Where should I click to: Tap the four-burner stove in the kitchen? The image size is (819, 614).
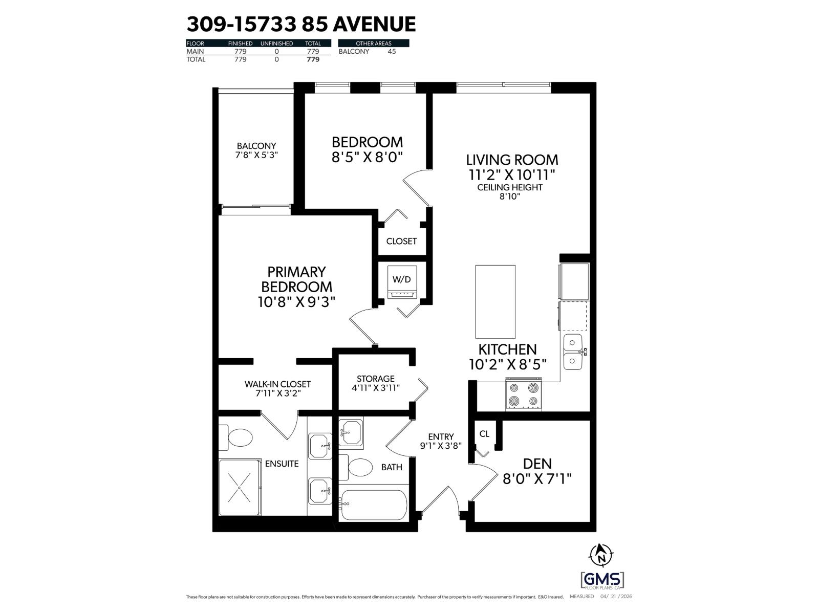(x=524, y=394)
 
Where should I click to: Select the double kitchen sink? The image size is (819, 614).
(x=574, y=352)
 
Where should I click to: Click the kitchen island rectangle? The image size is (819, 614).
(x=495, y=301)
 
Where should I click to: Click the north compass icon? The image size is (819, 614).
(x=601, y=554)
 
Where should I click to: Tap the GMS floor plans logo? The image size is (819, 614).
(x=602, y=580)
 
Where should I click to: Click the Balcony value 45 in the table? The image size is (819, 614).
(x=392, y=51)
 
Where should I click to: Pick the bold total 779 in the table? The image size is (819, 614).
(x=312, y=59)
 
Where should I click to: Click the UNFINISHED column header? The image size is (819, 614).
(x=276, y=43)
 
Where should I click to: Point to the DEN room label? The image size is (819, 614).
(x=537, y=464)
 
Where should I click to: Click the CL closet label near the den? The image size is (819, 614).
(x=484, y=434)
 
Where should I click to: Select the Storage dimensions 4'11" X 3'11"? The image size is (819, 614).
(x=376, y=388)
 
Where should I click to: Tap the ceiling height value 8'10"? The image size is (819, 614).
(x=509, y=196)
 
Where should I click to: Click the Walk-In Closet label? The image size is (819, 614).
(x=277, y=384)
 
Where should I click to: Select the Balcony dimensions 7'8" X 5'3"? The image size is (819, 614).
(x=256, y=155)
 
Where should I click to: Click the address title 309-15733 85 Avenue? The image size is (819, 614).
(x=301, y=24)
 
